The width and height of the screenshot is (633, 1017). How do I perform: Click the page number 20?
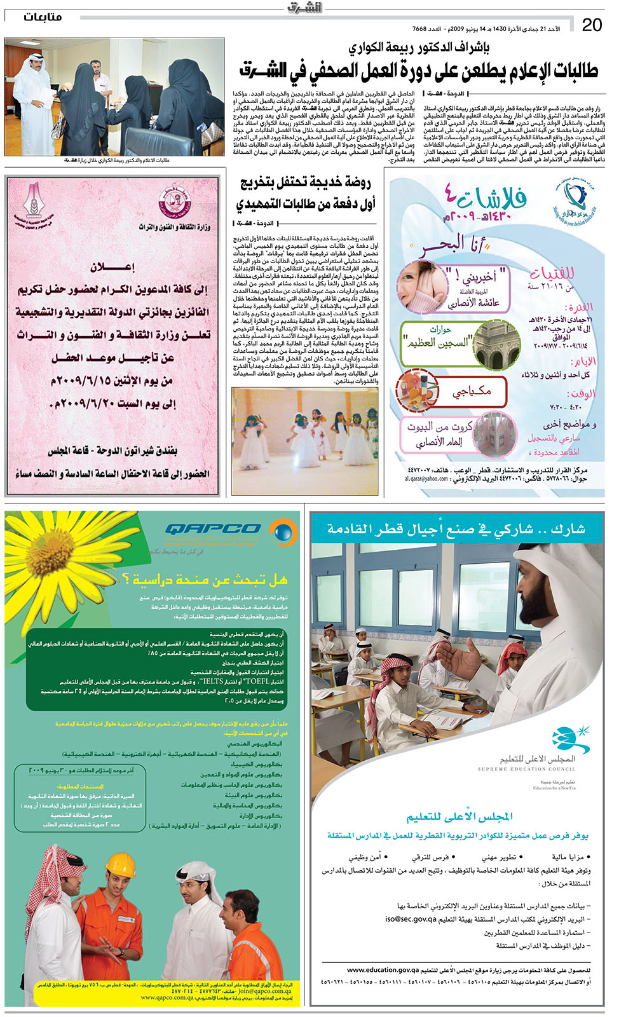tap(592, 25)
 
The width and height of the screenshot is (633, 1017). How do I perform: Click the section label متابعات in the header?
tap(43, 17)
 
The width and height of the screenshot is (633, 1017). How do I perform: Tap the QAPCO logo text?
tap(213, 529)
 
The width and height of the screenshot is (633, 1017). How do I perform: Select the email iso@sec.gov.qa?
tap(411, 919)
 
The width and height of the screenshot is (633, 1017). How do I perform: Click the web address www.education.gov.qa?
tap(383, 970)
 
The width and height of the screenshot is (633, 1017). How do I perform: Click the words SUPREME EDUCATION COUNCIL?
tap(526, 769)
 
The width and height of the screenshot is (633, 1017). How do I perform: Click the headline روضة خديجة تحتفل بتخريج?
tap(306, 184)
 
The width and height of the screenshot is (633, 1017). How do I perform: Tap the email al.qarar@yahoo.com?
tap(426, 479)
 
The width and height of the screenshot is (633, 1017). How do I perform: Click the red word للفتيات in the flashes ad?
tap(552, 273)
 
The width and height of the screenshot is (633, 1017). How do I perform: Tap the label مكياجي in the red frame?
tap(472, 391)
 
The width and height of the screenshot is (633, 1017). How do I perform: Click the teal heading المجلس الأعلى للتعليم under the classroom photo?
tap(459, 816)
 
